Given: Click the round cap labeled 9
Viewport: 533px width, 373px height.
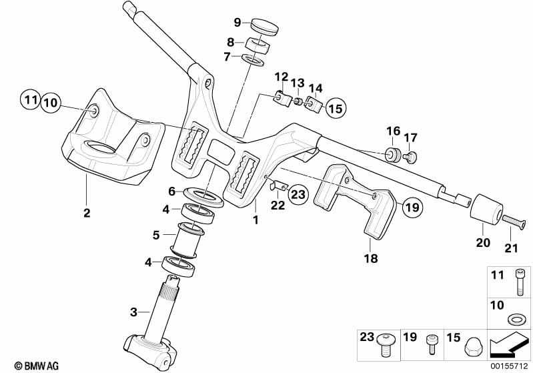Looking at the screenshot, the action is (265, 27).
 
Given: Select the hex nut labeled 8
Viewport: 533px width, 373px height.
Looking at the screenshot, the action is (257, 45).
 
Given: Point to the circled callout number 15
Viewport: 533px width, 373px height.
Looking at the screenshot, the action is (335, 109).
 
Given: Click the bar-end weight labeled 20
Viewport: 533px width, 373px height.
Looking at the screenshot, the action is (486, 209).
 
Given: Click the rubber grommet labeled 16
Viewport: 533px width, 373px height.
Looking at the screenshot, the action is (392, 154).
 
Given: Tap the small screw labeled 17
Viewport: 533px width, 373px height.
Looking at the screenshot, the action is (411, 157).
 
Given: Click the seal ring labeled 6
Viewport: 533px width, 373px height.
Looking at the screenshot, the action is (203, 197).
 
